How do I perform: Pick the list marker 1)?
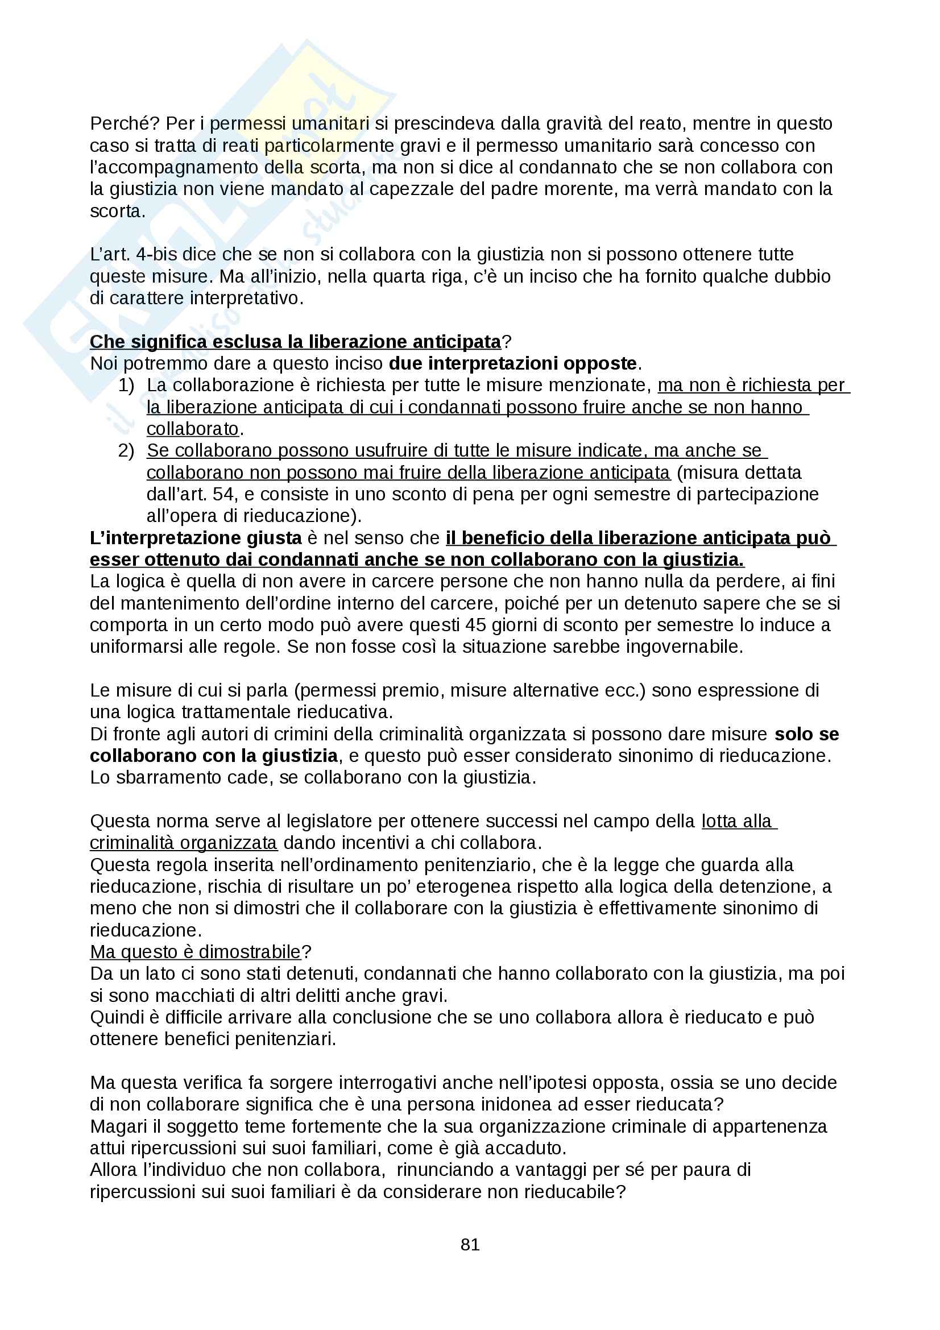coord(126,385)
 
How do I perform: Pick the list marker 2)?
coord(126,451)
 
